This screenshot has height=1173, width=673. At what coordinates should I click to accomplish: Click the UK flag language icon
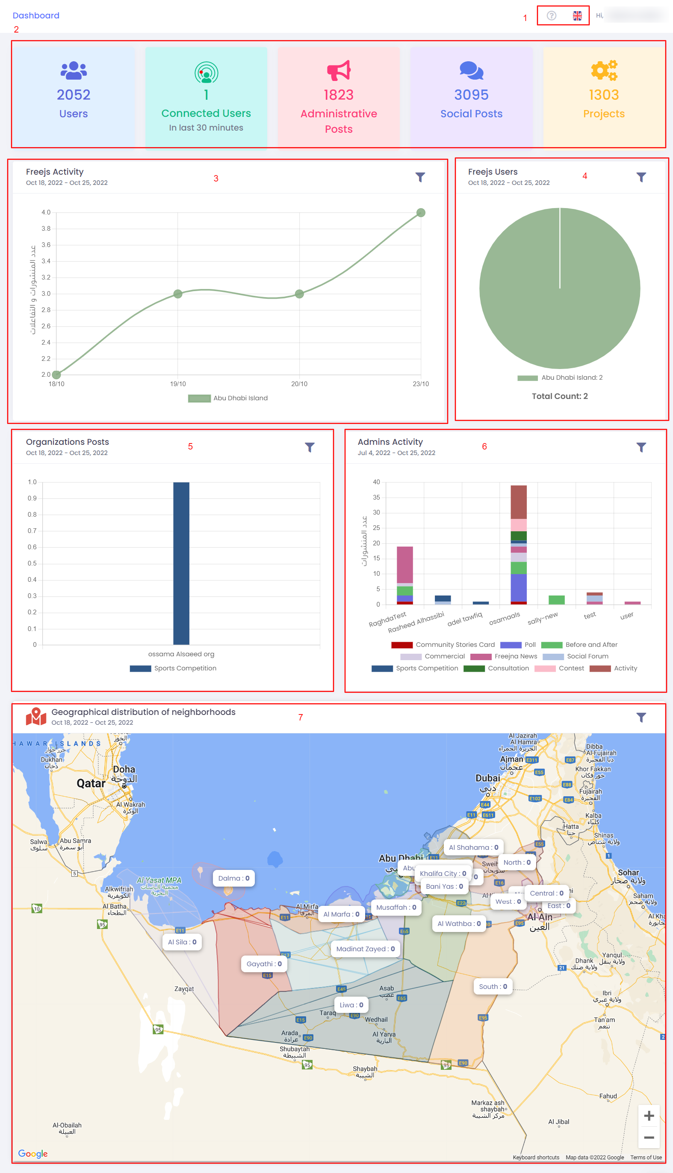pyautogui.click(x=577, y=16)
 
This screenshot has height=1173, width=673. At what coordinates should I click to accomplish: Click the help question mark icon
pyautogui.click(x=552, y=16)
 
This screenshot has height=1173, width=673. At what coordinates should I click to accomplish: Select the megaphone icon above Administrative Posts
pyautogui.click(x=339, y=70)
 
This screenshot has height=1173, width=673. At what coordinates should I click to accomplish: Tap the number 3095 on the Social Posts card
pyautogui.click(x=471, y=95)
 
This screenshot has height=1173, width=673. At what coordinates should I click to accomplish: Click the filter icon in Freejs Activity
pyautogui.click(x=420, y=177)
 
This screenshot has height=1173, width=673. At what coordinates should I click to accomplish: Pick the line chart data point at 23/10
pyautogui.click(x=421, y=213)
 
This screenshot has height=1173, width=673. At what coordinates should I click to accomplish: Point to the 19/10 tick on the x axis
pyautogui.click(x=178, y=384)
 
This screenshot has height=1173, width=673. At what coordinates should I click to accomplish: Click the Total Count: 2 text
pyautogui.click(x=559, y=396)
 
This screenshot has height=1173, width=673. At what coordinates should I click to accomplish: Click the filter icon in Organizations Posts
pyautogui.click(x=310, y=447)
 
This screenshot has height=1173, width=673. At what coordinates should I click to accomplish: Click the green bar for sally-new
pyautogui.click(x=557, y=600)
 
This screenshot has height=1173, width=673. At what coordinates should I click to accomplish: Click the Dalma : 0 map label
pyautogui.click(x=233, y=878)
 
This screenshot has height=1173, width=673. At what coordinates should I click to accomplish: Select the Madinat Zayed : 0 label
pyautogui.click(x=365, y=949)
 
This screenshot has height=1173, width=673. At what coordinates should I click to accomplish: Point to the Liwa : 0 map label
pyautogui.click(x=351, y=1005)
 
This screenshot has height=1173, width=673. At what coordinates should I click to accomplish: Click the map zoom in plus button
pyautogui.click(x=649, y=1116)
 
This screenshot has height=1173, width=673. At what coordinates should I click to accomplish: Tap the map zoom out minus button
pyautogui.click(x=649, y=1137)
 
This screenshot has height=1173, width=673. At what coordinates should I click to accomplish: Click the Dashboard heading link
pyautogui.click(x=36, y=15)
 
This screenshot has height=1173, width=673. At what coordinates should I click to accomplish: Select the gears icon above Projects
pyautogui.click(x=604, y=70)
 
